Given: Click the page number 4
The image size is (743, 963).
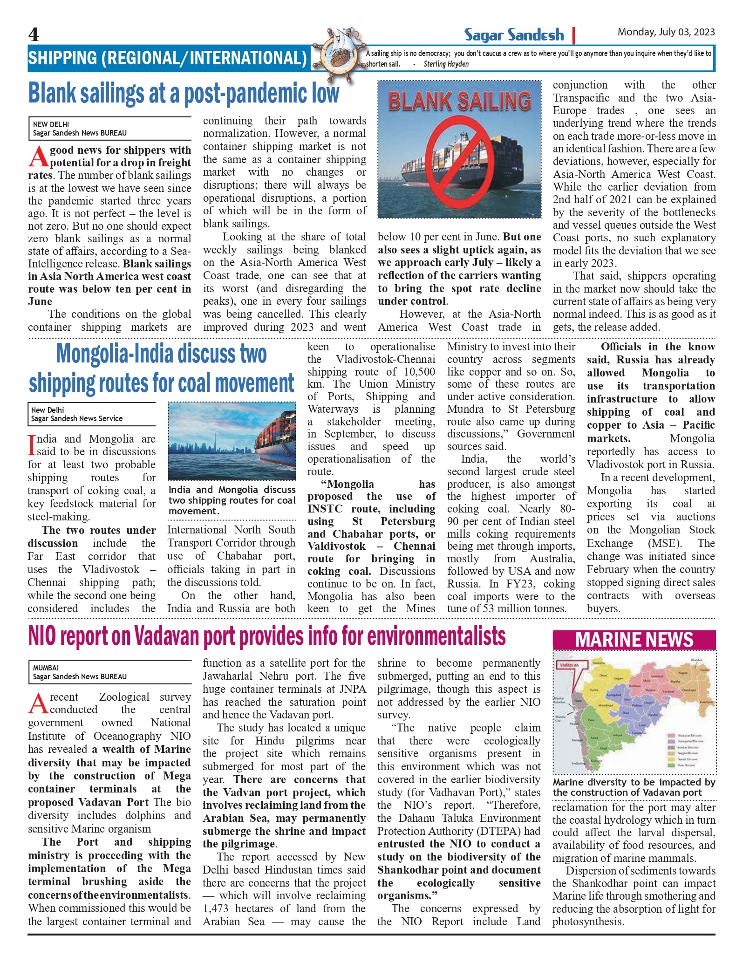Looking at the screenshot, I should [x=34, y=34].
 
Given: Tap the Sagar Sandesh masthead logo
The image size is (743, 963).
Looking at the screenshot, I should [x=514, y=35].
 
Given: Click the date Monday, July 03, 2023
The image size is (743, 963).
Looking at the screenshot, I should [x=666, y=32].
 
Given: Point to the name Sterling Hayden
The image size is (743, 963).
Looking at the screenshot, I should [x=446, y=64].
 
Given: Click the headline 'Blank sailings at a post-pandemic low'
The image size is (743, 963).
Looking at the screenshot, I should [x=184, y=93].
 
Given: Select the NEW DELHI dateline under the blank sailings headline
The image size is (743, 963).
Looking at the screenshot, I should [x=51, y=124].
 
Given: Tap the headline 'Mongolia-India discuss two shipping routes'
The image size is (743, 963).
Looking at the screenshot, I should [x=161, y=368].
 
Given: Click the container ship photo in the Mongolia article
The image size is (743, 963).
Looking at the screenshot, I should [x=232, y=441].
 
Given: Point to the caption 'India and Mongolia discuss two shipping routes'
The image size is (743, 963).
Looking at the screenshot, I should [x=232, y=500].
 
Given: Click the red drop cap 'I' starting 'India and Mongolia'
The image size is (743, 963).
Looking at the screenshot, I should [x=32, y=445].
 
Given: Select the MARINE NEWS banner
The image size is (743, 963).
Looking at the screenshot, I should [x=634, y=640].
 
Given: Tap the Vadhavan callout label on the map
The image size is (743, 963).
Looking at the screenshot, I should [x=569, y=665].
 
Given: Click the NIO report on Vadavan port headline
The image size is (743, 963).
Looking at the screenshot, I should [x=267, y=636].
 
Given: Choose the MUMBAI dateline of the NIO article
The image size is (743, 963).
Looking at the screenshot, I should [x=46, y=668].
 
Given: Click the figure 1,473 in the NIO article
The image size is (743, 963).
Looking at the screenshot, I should [x=216, y=908].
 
